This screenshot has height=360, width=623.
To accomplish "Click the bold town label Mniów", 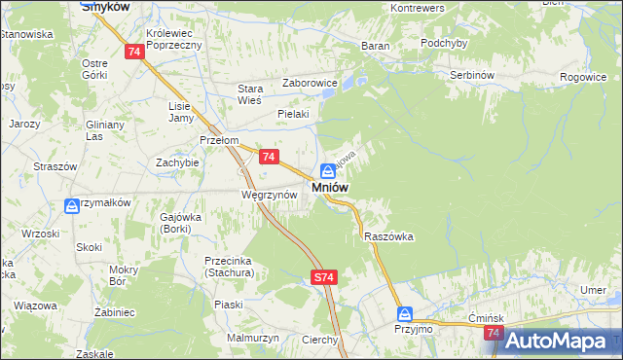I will (x=331, y=187).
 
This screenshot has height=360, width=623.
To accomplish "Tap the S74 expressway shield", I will (x=325, y=278).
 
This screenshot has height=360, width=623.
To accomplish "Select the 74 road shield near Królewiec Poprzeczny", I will (x=135, y=52).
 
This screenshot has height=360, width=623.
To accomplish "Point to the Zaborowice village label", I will (x=310, y=84).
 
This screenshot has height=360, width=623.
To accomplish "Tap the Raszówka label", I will (x=388, y=236).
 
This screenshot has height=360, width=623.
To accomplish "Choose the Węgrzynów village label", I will (x=262, y=195).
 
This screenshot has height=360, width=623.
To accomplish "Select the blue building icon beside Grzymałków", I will (x=72, y=206).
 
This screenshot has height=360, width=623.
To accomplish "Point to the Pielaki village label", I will (x=293, y=114).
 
